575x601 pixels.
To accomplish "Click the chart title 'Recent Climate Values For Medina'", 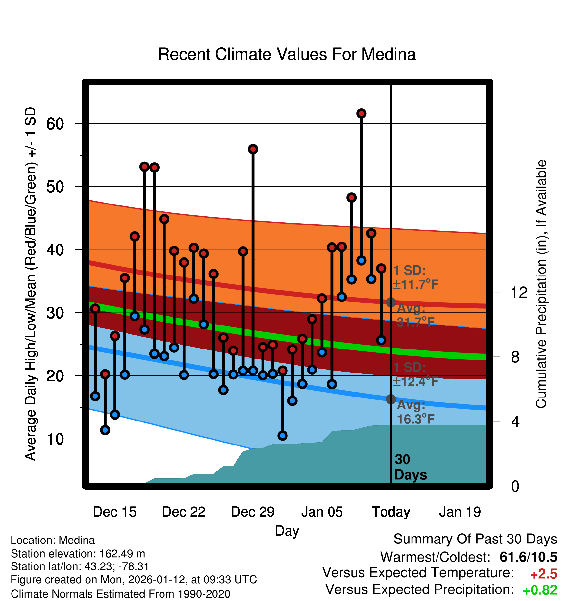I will click(287, 54).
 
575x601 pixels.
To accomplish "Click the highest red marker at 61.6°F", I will click(361, 113).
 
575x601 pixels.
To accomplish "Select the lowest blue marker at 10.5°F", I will click(282, 436).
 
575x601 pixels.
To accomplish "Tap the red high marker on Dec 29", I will click(253, 149).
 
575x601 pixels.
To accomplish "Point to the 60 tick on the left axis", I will click(55, 124).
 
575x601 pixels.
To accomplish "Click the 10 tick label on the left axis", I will click(55, 439).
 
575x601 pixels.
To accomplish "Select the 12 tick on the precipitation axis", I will click(519, 292).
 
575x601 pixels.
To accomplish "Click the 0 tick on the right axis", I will click(515, 486).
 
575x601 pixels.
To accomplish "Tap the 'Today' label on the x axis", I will click(391, 512).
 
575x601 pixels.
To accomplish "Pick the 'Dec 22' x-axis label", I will click(184, 512).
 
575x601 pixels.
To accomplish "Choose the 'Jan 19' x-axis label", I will click(460, 512).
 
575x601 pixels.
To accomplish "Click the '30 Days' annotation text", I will click(410, 467).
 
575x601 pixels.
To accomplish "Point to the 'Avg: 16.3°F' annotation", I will click(415, 412).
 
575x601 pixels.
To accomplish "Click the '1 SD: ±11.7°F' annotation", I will click(415, 277).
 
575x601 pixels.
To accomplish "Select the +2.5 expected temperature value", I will click(543, 574).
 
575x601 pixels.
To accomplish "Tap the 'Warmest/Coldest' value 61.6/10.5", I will click(528, 557).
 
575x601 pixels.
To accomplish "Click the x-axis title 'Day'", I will click(287, 531).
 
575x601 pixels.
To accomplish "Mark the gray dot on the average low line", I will click(391, 399).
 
